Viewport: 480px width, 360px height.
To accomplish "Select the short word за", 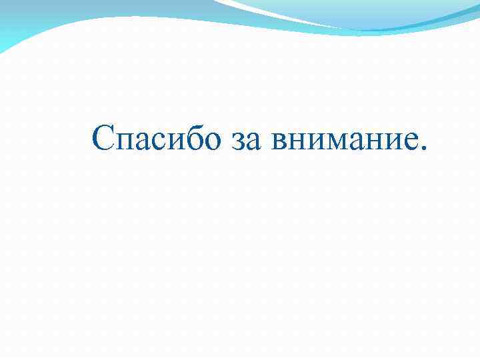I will pos(247,141).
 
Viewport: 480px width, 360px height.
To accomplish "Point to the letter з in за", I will pos(240,141).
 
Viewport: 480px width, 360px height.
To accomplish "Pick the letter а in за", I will pos(255,141).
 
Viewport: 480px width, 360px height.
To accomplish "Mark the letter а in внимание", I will pos(356,141).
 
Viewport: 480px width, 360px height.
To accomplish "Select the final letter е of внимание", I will pos(408,141).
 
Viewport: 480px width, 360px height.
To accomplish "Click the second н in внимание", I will pos(373,141).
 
